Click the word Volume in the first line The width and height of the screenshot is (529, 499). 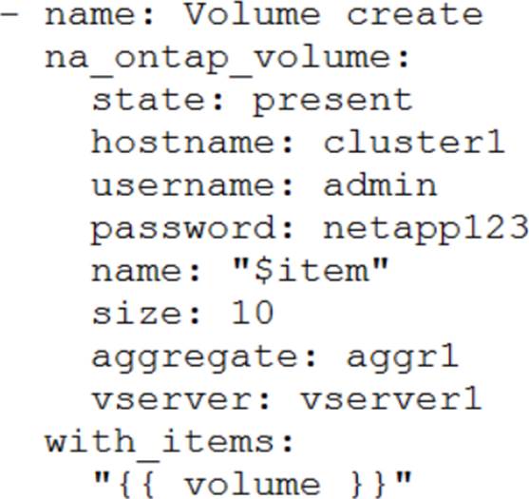(x=253, y=14)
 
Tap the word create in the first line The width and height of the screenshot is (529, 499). (x=415, y=15)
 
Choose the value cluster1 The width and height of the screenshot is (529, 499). (x=414, y=143)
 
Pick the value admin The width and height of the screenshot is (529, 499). (x=380, y=184)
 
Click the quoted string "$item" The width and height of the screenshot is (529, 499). (x=311, y=271)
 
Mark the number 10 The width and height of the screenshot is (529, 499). (x=253, y=313)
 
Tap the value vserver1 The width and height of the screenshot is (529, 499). (x=391, y=399)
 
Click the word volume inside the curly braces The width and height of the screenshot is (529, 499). (x=253, y=485)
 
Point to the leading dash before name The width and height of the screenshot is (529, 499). (x=9, y=14)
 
